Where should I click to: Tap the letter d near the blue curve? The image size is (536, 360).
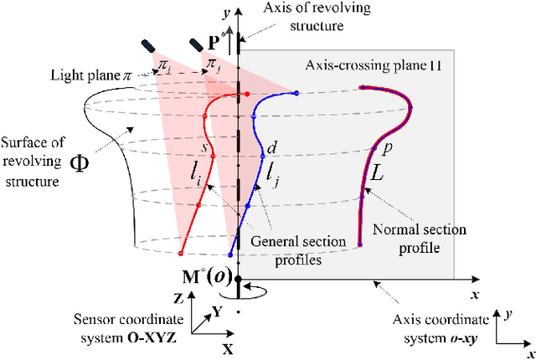point(271,147)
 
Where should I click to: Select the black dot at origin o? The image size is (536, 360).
point(239,279)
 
